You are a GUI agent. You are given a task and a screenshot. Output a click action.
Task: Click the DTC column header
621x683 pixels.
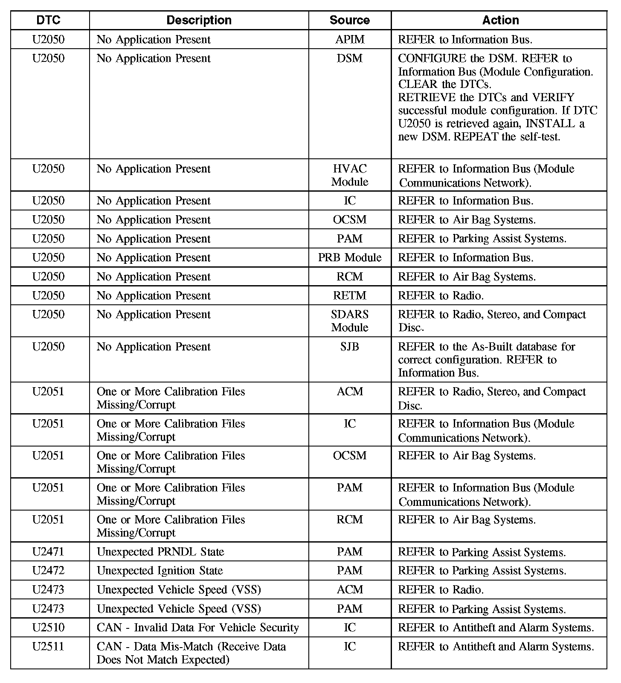(x=49, y=20)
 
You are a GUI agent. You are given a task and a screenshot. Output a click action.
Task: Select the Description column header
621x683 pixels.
(x=199, y=20)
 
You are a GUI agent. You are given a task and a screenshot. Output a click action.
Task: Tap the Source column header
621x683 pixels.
(x=349, y=20)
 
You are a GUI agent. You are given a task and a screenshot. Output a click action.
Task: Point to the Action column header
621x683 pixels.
(x=500, y=20)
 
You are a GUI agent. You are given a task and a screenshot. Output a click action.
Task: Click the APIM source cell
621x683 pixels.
(x=350, y=39)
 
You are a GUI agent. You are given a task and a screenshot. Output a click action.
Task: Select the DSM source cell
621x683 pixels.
(x=349, y=58)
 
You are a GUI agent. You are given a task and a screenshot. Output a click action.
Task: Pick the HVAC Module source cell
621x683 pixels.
(x=349, y=175)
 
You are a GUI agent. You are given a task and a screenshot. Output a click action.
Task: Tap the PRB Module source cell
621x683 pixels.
(x=350, y=257)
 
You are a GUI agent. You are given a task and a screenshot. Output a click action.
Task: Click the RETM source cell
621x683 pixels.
(x=350, y=295)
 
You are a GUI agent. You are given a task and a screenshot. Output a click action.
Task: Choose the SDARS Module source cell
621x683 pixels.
(x=349, y=321)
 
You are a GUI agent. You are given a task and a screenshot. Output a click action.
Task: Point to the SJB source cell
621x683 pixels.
(x=349, y=346)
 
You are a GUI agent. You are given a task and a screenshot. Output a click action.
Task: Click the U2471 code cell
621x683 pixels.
(x=48, y=552)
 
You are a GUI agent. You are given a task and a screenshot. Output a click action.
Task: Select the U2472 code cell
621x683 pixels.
(x=48, y=570)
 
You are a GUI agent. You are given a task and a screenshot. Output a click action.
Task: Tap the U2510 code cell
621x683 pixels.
(x=48, y=628)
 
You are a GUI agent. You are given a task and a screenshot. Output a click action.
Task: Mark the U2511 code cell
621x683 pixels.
(x=48, y=646)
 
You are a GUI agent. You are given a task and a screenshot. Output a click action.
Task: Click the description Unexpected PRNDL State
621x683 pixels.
(x=160, y=552)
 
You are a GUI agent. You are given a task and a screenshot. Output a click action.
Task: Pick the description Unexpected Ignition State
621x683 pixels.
(x=160, y=570)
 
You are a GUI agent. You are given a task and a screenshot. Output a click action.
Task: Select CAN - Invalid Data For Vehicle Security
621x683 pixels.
(x=197, y=628)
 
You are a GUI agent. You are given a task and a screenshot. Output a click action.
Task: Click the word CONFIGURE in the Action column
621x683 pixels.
(x=432, y=58)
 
